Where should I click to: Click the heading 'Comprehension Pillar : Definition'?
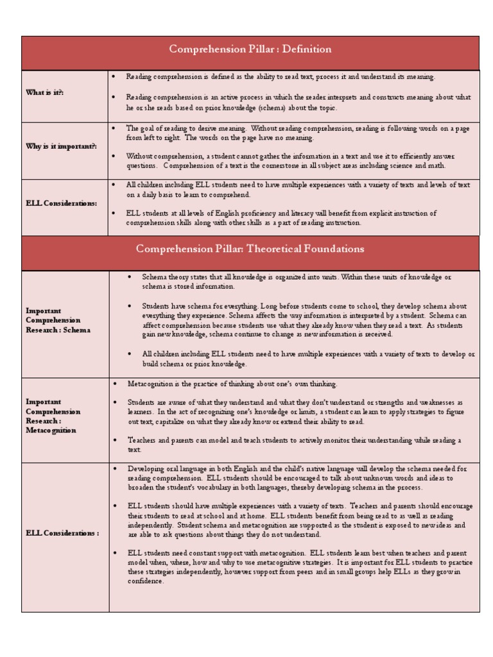pyautogui.click(x=250, y=49)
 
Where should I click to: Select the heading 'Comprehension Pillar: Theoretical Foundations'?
pyautogui.click(x=250, y=249)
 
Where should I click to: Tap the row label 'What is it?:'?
pyautogui.click(x=45, y=92)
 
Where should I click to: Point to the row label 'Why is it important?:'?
pyautogui.click(x=62, y=146)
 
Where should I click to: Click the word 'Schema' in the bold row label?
pyautogui.click(x=77, y=330)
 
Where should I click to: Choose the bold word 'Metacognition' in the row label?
pyautogui.click(x=51, y=430)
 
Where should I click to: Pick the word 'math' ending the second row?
pyautogui.click(x=437, y=166)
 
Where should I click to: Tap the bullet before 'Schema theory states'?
pyautogui.click(x=129, y=277)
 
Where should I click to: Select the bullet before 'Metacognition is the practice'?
pyautogui.click(x=114, y=384)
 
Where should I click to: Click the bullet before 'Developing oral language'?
pyautogui.click(x=114, y=469)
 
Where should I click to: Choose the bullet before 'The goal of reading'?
pyautogui.click(x=114, y=128)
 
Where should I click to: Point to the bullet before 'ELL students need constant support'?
pyautogui.click(x=114, y=553)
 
